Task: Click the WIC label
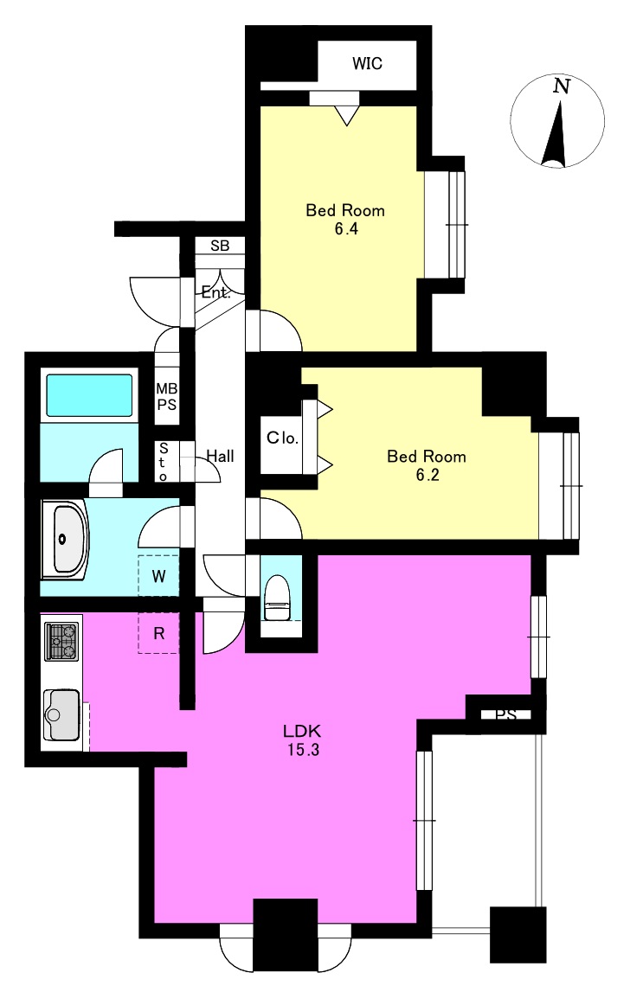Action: (x=367, y=63)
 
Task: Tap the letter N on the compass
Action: (x=562, y=86)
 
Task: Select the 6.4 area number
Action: (x=346, y=229)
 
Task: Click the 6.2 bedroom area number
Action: (x=428, y=475)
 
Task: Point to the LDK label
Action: (x=302, y=731)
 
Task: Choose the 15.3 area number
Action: (x=303, y=749)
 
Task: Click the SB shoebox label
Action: (x=220, y=246)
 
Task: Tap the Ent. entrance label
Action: (x=215, y=292)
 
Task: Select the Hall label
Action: (x=220, y=457)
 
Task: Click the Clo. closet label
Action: (x=283, y=438)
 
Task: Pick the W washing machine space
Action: (x=158, y=575)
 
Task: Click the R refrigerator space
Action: (x=158, y=633)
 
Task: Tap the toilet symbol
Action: (x=277, y=598)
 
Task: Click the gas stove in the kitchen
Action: (x=61, y=642)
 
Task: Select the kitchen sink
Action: (x=61, y=714)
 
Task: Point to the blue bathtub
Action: (x=89, y=395)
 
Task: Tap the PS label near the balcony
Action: (x=506, y=714)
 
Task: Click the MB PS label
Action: (x=167, y=397)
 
